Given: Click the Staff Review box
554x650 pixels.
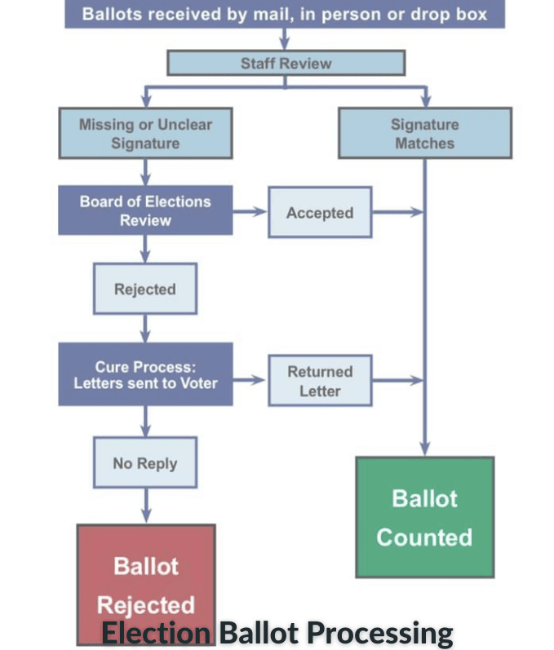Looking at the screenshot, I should [286, 63].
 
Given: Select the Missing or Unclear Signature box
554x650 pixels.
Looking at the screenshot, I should [145, 134].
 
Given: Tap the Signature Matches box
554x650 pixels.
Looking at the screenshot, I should [424, 134].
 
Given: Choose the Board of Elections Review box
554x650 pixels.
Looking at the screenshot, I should [145, 210].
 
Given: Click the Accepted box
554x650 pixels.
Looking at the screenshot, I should [320, 213].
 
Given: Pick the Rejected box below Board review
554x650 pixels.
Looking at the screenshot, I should [145, 289].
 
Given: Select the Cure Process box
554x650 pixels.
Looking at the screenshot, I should [145, 374].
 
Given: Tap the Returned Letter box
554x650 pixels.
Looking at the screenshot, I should [320, 381].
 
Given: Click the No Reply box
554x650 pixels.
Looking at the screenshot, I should [145, 463].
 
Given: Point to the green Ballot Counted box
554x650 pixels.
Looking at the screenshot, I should [424, 517].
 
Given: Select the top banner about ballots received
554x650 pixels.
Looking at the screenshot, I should [285, 14].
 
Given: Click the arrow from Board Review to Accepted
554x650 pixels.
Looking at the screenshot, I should [250, 212].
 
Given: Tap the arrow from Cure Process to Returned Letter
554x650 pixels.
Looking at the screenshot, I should [250, 380].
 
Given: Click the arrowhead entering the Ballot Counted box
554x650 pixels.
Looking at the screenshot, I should [424, 449].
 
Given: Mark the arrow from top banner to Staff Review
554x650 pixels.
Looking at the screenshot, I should [285, 39].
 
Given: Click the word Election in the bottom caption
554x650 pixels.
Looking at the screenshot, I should [155, 633].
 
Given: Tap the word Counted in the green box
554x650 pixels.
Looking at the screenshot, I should [424, 537].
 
